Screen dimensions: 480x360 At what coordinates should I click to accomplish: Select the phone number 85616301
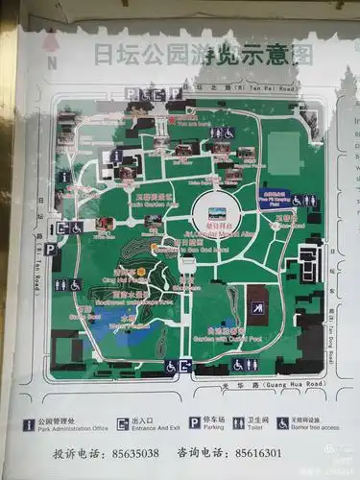coord(257,452)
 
